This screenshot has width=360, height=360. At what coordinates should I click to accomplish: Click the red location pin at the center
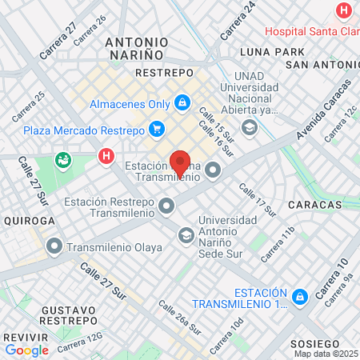point(181,163)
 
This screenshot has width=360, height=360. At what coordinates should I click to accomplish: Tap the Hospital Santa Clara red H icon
point(343,11)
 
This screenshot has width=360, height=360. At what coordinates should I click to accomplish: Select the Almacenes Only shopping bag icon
point(182,103)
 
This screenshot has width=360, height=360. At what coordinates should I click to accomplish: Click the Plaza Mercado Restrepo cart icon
point(156,128)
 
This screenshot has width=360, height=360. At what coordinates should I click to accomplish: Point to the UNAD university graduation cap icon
point(250,127)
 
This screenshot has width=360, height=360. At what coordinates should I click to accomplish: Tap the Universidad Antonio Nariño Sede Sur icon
point(186,234)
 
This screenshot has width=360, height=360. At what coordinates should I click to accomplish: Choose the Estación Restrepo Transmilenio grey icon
point(166,207)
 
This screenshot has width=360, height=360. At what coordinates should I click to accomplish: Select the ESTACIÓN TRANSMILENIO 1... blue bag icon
point(301,297)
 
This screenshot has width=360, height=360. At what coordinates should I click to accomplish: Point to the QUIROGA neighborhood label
point(29,220)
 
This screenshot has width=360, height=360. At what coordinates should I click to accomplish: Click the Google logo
point(26,350)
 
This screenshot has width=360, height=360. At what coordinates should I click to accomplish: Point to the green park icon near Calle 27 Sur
point(62,161)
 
